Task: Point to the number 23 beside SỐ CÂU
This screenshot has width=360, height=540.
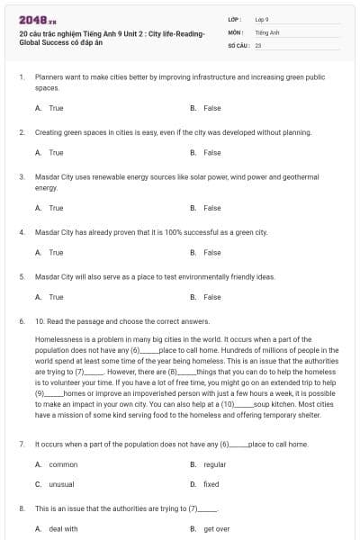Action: point(258,44)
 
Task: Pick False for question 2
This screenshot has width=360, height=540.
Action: point(211,152)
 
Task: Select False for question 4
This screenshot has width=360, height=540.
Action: point(211,252)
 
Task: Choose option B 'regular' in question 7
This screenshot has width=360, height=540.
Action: point(214,464)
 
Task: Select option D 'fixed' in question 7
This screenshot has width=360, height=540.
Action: point(211,484)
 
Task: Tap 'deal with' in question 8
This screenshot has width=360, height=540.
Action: point(63,528)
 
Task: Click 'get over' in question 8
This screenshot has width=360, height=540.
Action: point(216,528)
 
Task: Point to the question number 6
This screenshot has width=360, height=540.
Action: point(21,320)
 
